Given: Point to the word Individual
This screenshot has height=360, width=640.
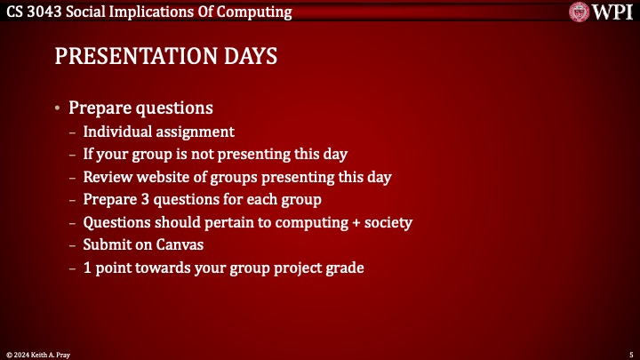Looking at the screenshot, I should click(116, 132).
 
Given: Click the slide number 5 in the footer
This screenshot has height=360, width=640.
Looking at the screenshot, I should click(630, 354).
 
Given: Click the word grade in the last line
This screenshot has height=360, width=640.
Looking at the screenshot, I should click(345, 268).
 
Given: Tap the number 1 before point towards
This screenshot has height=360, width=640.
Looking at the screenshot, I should click(87, 268).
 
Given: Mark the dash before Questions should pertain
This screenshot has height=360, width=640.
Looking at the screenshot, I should click(72, 222).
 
